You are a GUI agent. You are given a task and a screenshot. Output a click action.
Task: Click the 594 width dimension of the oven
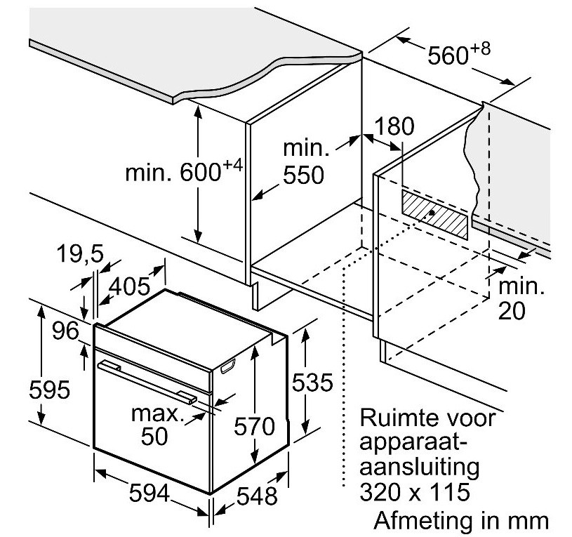coord(149,493)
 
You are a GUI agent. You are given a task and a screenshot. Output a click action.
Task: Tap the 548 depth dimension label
coord(257,496)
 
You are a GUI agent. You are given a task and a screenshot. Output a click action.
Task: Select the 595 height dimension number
coord(49,390)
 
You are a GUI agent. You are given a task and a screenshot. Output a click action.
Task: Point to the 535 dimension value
coord(312,383)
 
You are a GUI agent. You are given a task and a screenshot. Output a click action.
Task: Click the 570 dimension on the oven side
coord(254,426)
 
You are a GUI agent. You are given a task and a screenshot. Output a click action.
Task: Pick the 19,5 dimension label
coord(81,253)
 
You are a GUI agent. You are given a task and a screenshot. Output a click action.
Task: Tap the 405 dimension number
coord(130,286)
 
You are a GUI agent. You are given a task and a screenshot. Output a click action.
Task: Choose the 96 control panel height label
coord(65,331)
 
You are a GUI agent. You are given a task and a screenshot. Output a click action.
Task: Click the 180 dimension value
coord(394,126)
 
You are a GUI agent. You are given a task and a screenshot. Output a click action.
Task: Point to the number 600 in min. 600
coord(200,172)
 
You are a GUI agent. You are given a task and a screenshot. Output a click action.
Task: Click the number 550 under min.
coord(303,175)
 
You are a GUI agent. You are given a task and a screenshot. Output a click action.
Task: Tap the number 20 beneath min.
coord(512,311)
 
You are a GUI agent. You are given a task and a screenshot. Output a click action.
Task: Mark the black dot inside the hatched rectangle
coord(432,213)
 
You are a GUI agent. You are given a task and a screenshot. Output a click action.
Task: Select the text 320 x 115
coord(415,492)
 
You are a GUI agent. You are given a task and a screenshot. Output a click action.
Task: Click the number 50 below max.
coord(154,436)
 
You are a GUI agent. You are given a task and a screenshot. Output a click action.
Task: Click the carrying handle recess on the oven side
coord(228,366)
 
